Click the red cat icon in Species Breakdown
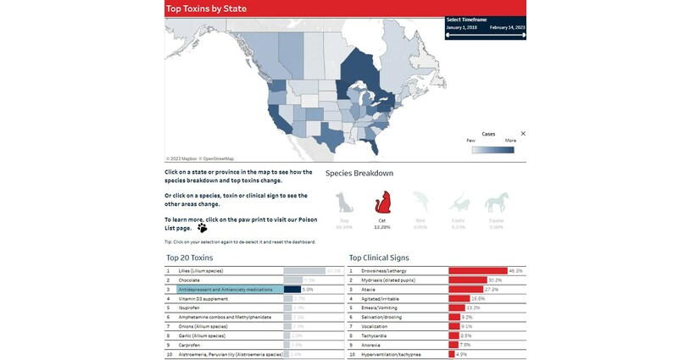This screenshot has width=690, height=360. pyautogui.click(x=381, y=203)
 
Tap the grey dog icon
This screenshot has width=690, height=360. pyautogui.click(x=344, y=203)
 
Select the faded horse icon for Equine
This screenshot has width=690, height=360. pyautogui.click(x=497, y=203)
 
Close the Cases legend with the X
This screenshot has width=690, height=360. pyautogui.click(x=523, y=133)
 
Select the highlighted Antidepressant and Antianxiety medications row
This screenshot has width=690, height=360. pyautogui.click(x=225, y=289)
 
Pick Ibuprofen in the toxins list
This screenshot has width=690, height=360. pyautogui.click(x=189, y=307)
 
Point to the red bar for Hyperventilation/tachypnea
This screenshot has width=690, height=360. pyautogui.click(x=451, y=354)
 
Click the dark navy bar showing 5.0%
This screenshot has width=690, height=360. pyautogui.click(x=292, y=289)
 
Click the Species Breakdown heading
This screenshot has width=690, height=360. pyautogui.click(x=359, y=173)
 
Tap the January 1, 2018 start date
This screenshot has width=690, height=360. pyautogui.click(x=461, y=27)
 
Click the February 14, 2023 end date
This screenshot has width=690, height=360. pyautogui.click(x=507, y=27)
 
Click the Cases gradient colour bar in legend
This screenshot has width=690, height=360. pyautogui.click(x=492, y=150)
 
